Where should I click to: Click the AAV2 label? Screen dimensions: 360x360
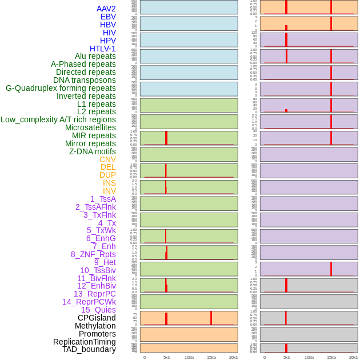click(x=106, y=9)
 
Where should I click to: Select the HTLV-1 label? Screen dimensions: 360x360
click(x=102, y=49)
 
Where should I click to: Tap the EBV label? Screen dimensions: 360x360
click(x=108, y=17)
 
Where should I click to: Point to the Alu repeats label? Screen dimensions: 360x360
click(x=95, y=56)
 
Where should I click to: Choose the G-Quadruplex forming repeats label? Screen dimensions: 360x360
click(x=61, y=88)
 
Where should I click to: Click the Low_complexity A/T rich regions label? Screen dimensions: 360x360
click(x=58, y=119)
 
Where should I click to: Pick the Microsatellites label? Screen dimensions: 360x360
click(x=90, y=127)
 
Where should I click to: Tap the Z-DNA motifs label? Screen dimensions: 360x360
click(x=93, y=151)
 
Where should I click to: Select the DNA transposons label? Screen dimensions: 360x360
click(x=85, y=80)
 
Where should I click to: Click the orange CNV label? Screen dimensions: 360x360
click(x=107, y=159)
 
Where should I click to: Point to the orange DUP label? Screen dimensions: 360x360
click(x=107, y=175)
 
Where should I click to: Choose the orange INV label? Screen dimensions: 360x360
click(x=109, y=191)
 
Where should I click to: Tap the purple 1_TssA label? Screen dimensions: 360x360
click(x=103, y=199)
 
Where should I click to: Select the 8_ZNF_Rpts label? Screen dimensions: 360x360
click(x=93, y=254)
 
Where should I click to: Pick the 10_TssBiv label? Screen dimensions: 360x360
click(x=98, y=270)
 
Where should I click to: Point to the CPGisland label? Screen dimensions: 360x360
click(x=97, y=318)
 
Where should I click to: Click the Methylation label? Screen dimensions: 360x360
click(x=95, y=326)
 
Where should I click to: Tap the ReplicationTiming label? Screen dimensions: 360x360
click(x=84, y=342)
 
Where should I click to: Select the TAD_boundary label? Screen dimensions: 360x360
click(x=89, y=349)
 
